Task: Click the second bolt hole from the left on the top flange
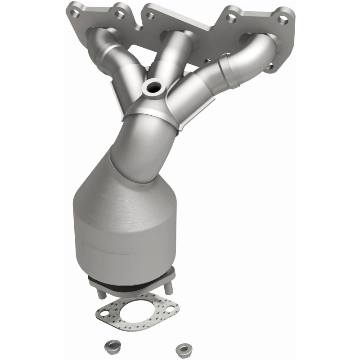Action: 119,14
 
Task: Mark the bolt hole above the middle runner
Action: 150,16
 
